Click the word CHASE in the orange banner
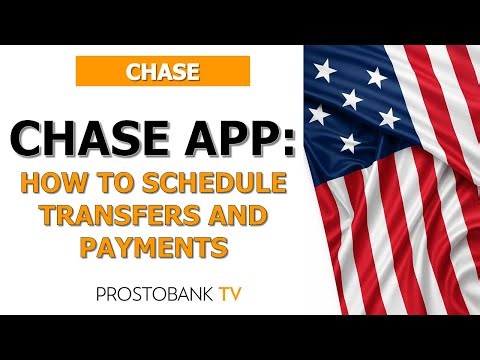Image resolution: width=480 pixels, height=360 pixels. [x=161, y=71]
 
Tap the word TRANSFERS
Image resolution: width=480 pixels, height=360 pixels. [x=113, y=216]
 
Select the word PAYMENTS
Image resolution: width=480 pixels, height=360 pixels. [x=161, y=247]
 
